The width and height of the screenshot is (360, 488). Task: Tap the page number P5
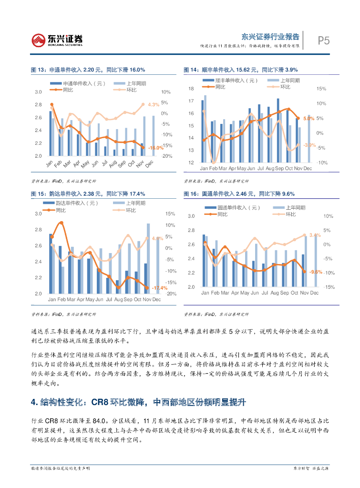click(x=324, y=41)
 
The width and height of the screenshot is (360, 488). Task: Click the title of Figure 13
click(x=88, y=70)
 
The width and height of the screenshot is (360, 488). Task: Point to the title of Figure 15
click(x=88, y=193)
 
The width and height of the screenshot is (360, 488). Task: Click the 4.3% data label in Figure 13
click(x=153, y=104)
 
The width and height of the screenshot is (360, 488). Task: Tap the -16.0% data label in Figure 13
click(x=155, y=148)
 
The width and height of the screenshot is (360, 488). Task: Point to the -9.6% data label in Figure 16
click(x=316, y=272)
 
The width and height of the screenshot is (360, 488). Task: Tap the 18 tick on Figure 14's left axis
click(x=191, y=89)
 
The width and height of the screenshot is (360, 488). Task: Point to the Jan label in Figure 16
click(x=204, y=293)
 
